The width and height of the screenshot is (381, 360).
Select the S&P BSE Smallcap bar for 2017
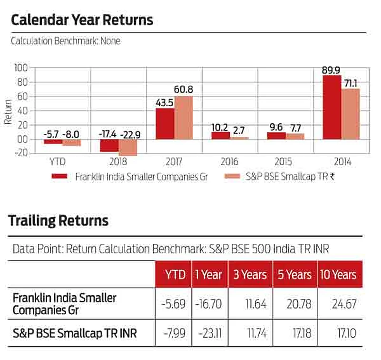tap(184, 118)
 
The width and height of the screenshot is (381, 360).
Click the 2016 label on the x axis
tap(229, 162)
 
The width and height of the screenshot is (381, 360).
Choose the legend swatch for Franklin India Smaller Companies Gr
tap(60, 177)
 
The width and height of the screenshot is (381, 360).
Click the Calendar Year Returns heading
tap(82, 20)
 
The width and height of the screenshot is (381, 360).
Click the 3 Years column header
tap(250, 274)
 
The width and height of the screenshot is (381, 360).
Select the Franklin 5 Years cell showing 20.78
tap(294, 304)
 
